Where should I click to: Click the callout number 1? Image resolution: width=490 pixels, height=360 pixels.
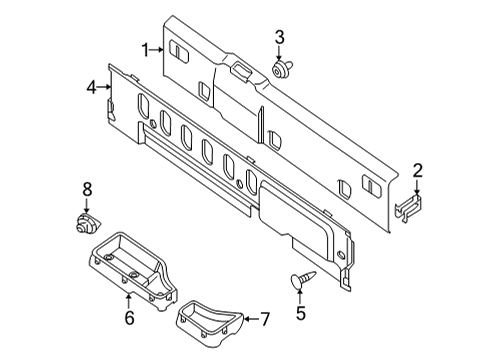coord(145,49)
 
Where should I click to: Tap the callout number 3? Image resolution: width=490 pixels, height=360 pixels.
coord(280,38)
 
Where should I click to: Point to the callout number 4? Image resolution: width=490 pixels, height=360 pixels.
coord(91,88)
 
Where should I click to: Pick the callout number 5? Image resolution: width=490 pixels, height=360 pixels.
coord(299,312)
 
